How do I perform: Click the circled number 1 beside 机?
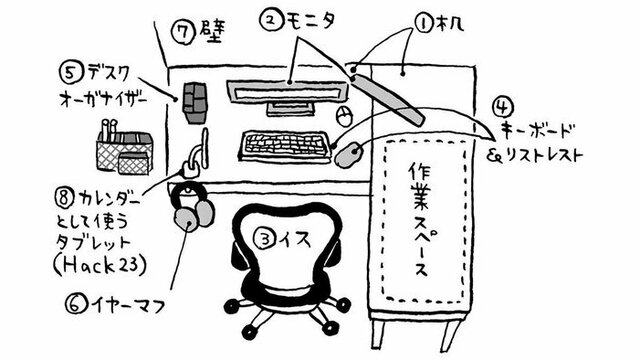(x=424, y=24)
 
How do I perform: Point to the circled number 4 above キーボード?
(x=503, y=107)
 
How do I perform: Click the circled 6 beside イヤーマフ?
(x=76, y=304)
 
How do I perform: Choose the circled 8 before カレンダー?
(x=64, y=198)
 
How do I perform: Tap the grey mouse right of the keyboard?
(x=349, y=155)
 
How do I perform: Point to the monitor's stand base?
(x=290, y=109)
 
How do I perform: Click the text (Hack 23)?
(x=101, y=266)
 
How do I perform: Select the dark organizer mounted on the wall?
(x=195, y=102)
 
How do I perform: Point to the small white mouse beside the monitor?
(x=343, y=117)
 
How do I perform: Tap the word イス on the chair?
(x=294, y=240)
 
